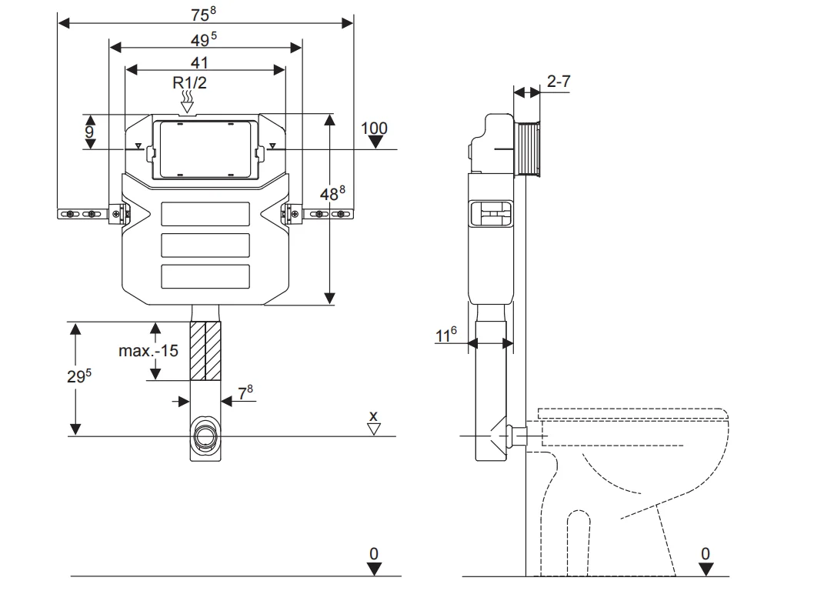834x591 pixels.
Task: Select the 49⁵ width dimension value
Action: [x=204, y=38]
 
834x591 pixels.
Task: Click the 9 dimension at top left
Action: [x=89, y=132]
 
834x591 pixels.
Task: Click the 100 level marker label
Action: [x=375, y=128]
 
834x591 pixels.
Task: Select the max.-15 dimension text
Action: [x=148, y=351]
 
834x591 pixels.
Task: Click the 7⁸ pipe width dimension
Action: [x=244, y=392]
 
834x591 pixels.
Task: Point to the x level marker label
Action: [x=374, y=416]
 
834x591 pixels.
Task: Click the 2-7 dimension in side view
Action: [x=559, y=81]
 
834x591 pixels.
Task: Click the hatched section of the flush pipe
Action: [x=205, y=351]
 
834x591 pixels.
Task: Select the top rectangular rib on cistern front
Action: [x=205, y=213]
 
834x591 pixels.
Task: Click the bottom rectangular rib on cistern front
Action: [x=205, y=275]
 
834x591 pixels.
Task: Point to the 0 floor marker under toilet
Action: [x=706, y=554]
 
